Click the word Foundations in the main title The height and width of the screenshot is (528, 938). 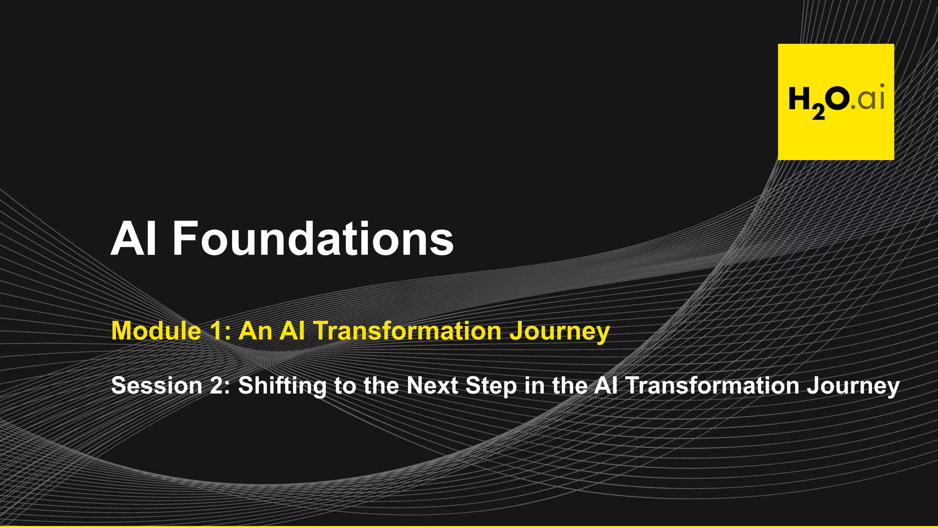[x=313, y=239]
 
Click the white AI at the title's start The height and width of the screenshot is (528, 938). [x=134, y=239]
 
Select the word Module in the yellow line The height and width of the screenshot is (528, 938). [x=156, y=330]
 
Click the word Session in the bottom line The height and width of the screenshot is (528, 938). [x=157, y=385]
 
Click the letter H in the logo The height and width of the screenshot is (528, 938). [x=799, y=99]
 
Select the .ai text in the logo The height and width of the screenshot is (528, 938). [x=868, y=99]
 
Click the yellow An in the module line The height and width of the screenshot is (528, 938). [x=256, y=330]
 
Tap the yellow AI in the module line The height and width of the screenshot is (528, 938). [x=292, y=330]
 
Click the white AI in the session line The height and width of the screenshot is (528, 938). [x=605, y=385]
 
